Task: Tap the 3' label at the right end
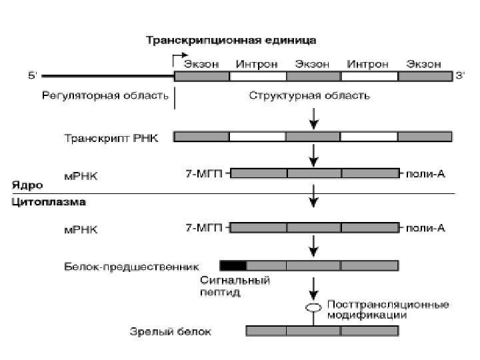pos(460,76)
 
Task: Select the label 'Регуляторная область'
pos(105,95)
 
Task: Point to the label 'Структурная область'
pos(309,95)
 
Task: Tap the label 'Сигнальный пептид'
pos(235,286)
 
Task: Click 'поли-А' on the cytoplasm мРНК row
pos(425,228)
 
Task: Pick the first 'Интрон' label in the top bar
pos(257,64)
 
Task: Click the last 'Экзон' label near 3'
pos(423,64)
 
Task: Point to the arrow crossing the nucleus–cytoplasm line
pos(313,194)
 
